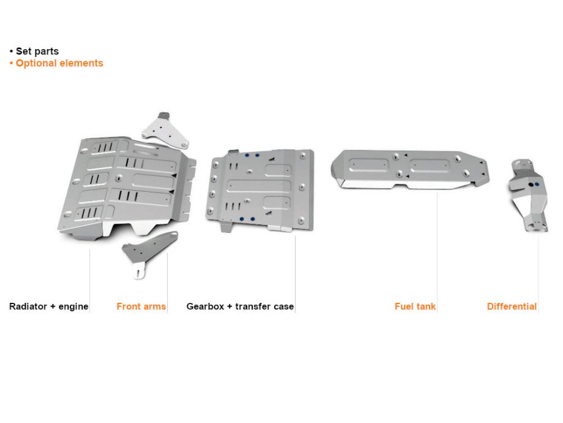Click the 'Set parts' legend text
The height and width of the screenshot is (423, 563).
37,51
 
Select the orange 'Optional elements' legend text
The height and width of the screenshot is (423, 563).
59,63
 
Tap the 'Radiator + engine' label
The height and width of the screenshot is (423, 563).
49,307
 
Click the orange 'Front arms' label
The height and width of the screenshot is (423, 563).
141,307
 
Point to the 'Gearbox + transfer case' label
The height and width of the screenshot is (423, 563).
240,307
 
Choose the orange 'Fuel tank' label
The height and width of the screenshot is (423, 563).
416,307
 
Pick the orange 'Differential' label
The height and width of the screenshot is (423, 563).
512,307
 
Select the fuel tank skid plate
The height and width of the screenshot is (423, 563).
410,168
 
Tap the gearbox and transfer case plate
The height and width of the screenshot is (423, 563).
260,190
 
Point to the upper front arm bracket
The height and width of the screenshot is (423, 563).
165,130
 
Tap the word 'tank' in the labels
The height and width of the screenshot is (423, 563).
426,307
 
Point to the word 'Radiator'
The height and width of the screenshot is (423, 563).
28,307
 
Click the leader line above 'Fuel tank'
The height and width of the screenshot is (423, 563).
438,245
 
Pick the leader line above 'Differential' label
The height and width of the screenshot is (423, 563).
539,270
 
